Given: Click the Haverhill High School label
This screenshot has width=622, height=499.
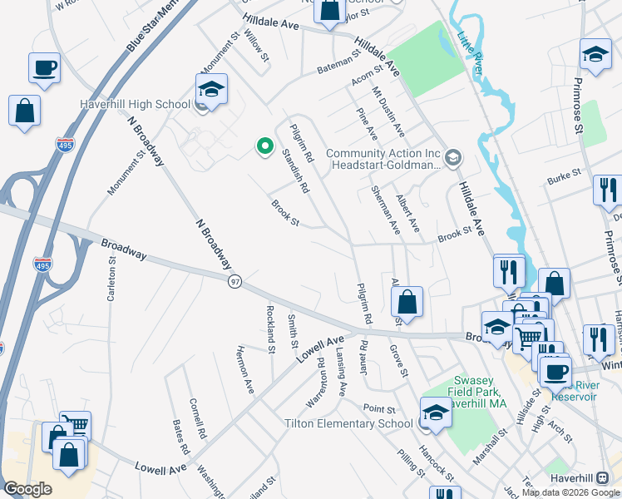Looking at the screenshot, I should (135, 105).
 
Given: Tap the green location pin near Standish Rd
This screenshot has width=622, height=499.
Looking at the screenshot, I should (264, 147).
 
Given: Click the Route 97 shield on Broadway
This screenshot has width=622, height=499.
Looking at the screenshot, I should (235, 282).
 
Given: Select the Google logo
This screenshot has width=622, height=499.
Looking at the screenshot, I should (28, 489).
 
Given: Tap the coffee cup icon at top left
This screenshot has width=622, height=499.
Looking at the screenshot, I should (44, 67).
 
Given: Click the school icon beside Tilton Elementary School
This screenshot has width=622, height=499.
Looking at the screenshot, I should (435, 411).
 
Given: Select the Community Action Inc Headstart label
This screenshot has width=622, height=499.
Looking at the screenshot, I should (383, 159).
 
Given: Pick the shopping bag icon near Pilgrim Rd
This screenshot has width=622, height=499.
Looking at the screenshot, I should (407, 301).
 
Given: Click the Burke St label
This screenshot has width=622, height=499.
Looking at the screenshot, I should (562, 180).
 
